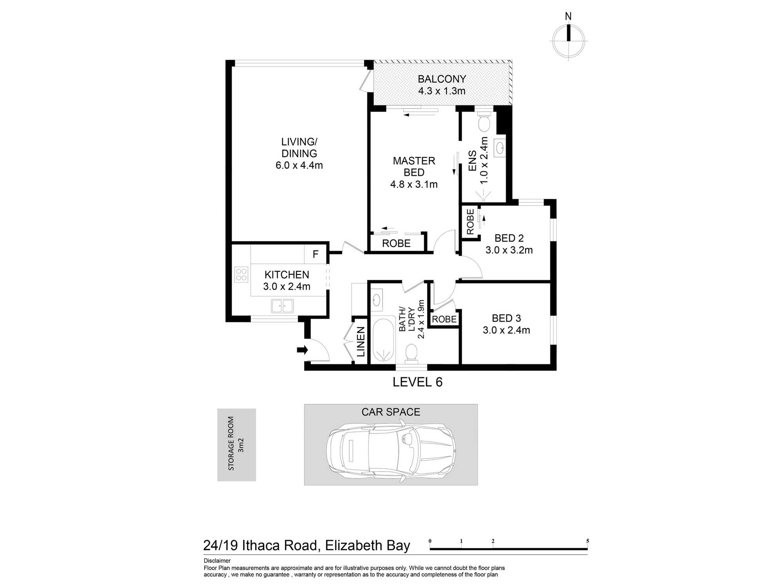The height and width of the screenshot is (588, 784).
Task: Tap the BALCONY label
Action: coord(442,79)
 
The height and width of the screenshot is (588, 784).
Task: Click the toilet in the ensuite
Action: coord(484,122)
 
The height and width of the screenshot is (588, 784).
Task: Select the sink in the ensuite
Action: coord(500,148)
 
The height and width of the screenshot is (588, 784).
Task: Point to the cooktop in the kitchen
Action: coord(241,274)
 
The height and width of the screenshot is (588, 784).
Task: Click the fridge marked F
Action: coord(316,254)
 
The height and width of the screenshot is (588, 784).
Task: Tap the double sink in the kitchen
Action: coord(282,306)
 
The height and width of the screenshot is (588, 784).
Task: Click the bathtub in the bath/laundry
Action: coord(383,339)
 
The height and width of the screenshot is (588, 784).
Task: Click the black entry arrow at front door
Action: coord(302,350)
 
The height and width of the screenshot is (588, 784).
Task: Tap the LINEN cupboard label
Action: coord(361,342)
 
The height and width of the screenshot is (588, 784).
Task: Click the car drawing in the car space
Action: coord(391,451)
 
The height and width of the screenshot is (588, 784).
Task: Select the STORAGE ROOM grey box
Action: coord(237,445)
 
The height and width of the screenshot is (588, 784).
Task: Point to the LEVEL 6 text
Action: coord(417,382)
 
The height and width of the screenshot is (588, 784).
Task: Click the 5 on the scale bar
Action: coord(588,541)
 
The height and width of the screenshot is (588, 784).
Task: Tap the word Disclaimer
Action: coord(217,561)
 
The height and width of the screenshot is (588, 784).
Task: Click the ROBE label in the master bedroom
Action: coord(396,243)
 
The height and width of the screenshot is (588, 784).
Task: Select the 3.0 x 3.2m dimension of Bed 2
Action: coord(509,250)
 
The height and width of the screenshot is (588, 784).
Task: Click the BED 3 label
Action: coord(506,318)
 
